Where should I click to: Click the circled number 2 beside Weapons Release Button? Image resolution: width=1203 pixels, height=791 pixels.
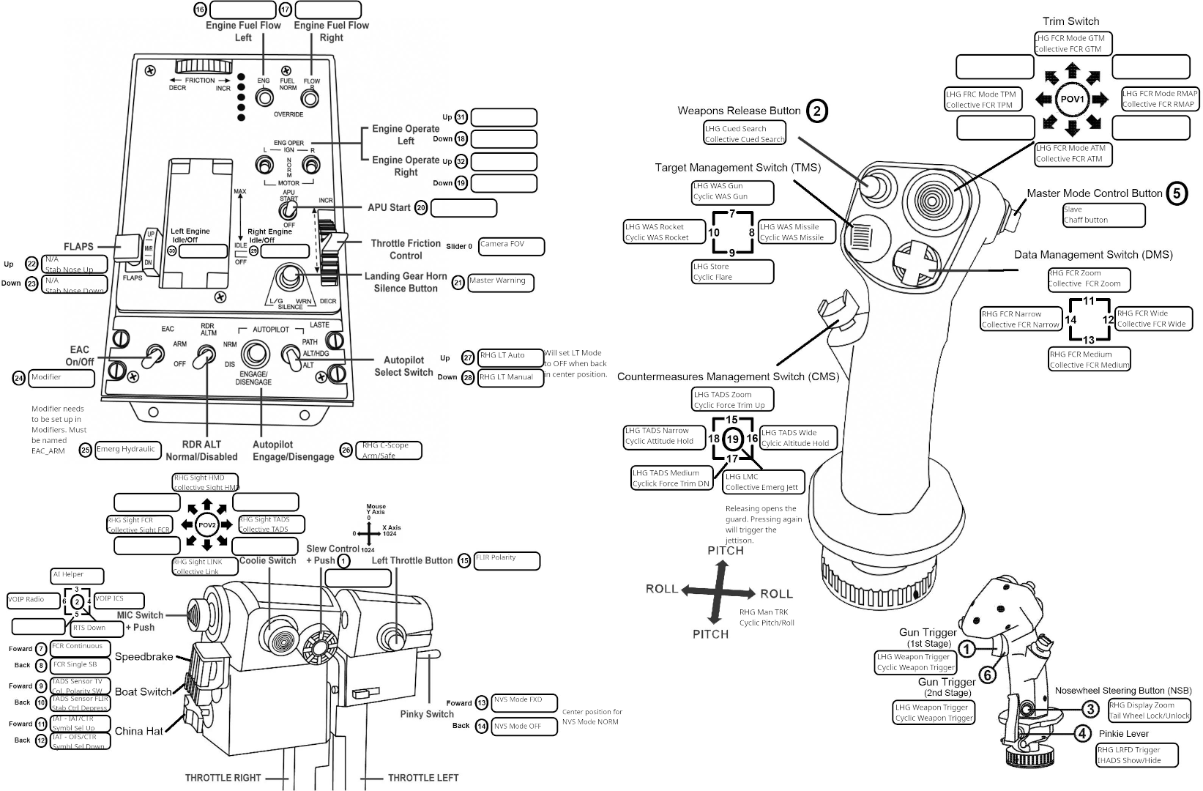(817, 111)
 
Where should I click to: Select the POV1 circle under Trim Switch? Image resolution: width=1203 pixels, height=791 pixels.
(1073, 99)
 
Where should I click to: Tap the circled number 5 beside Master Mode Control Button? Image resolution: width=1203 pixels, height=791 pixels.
(1176, 193)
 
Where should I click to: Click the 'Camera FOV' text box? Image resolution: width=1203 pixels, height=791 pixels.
(512, 246)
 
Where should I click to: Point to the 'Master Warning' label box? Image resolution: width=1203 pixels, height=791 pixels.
(501, 282)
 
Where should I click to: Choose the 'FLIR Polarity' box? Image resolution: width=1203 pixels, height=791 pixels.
(507, 560)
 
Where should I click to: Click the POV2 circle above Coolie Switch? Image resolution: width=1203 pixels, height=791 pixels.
(206, 525)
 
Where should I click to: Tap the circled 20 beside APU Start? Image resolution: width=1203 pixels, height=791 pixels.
(420, 208)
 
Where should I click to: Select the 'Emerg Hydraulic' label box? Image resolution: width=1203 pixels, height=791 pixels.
(126, 450)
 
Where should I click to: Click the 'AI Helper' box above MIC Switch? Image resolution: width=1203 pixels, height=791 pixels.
(77, 576)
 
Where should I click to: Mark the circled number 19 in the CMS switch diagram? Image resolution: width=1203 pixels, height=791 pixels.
(732, 439)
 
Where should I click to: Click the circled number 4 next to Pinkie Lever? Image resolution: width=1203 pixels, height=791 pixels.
(1081, 732)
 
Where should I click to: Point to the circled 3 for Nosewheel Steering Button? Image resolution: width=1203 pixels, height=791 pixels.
(1090, 708)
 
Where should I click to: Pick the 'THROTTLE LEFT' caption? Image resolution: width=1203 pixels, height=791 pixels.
(422, 777)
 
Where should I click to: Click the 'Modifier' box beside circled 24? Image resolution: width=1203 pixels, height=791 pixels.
(62, 378)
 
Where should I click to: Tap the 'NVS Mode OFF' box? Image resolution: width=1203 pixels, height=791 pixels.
(524, 727)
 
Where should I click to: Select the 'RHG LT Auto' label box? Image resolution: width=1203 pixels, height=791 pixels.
(510, 357)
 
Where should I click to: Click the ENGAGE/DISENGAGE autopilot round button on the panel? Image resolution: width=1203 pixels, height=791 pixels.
(256, 354)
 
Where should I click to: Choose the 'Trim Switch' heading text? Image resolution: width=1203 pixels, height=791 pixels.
(1070, 21)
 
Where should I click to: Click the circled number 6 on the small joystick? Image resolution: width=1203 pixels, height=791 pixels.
(987, 675)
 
